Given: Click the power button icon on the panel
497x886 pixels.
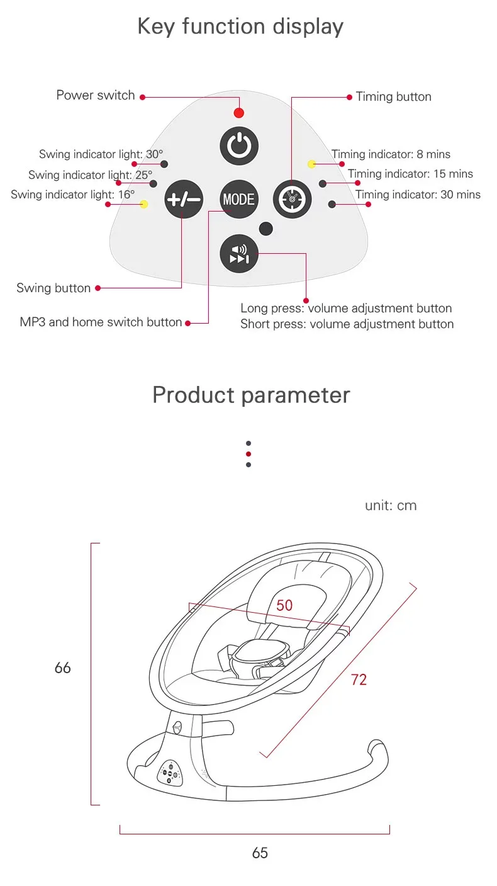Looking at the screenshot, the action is pos(239,146).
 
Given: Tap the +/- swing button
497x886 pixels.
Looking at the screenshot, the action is pos(183,200).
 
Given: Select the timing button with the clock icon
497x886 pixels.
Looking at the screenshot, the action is pos(293,199).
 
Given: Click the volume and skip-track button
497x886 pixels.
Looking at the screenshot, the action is pos(239,254).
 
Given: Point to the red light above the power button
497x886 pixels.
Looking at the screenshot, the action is pos(238,113).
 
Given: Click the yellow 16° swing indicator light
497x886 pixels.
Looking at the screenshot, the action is pos(144,204).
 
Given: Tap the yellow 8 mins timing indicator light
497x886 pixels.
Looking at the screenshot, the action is pos(311,164).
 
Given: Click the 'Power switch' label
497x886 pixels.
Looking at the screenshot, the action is pos(96,96).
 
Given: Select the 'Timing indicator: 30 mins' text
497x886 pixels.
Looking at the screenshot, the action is pos(418,195).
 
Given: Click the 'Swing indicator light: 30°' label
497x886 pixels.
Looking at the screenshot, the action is pos(101,154).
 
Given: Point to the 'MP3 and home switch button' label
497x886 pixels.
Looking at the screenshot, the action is pos(101,322).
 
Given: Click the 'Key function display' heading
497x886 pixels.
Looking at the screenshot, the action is pos(240,27).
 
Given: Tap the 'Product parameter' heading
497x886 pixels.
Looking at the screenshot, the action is pos(251,395).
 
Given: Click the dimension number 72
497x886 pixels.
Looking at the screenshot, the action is pos(359,679).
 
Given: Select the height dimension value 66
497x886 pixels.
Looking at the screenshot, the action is pos(63,667).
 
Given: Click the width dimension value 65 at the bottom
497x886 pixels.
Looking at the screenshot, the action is pos(260,853).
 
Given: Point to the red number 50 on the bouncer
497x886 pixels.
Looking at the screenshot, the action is pos(284,605).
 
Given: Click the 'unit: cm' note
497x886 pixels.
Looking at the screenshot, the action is pos(391,506).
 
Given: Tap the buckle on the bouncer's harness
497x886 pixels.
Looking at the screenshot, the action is pos(259,654).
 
